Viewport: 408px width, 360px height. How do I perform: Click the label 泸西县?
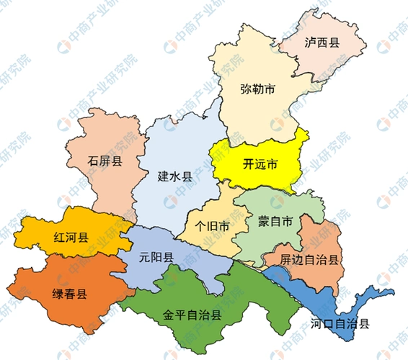click(x=322, y=42)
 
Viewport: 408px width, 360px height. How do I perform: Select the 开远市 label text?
click(x=260, y=164)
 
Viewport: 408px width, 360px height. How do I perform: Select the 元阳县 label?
click(x=156, y=258)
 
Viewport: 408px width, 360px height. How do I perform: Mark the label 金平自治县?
click(x=192, y=315)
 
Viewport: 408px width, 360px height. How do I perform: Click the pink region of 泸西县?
click(x=339, y=61)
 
